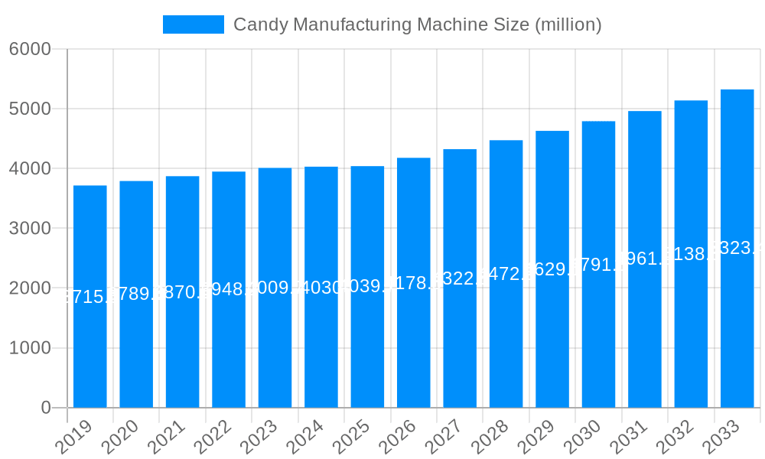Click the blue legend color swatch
click(194, 24)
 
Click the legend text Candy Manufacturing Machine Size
click(417, 24)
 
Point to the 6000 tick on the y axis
click(30, 49)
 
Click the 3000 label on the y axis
click(30, 228)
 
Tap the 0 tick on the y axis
click(46, 408)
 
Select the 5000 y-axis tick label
click(30, 109)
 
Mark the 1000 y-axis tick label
click(30, 348)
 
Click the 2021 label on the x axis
click(167, 437)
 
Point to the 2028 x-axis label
click(490, 437)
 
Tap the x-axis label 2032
click(675, 437)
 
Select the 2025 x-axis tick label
click(352, 437)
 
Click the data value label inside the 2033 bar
click(737, 248)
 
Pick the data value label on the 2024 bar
click(321, 287)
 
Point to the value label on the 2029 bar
click(552, 269)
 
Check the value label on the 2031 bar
click(645, 259)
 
